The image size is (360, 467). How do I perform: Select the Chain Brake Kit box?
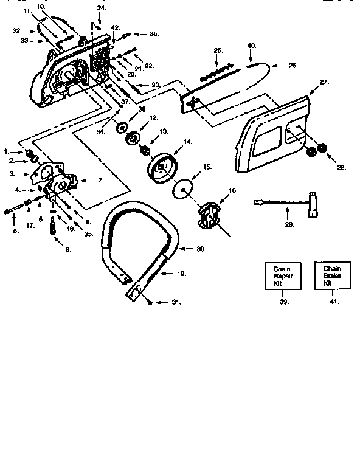(331, 276)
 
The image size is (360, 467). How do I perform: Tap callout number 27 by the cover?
(324, 81)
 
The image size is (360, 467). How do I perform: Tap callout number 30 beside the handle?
(201, 249)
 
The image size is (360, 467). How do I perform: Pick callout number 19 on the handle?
(181, 274)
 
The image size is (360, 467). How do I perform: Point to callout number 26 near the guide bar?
(293, 65)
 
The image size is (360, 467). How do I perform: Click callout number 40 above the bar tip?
(252, 46)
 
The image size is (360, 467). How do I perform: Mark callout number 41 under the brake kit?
(333, 301)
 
